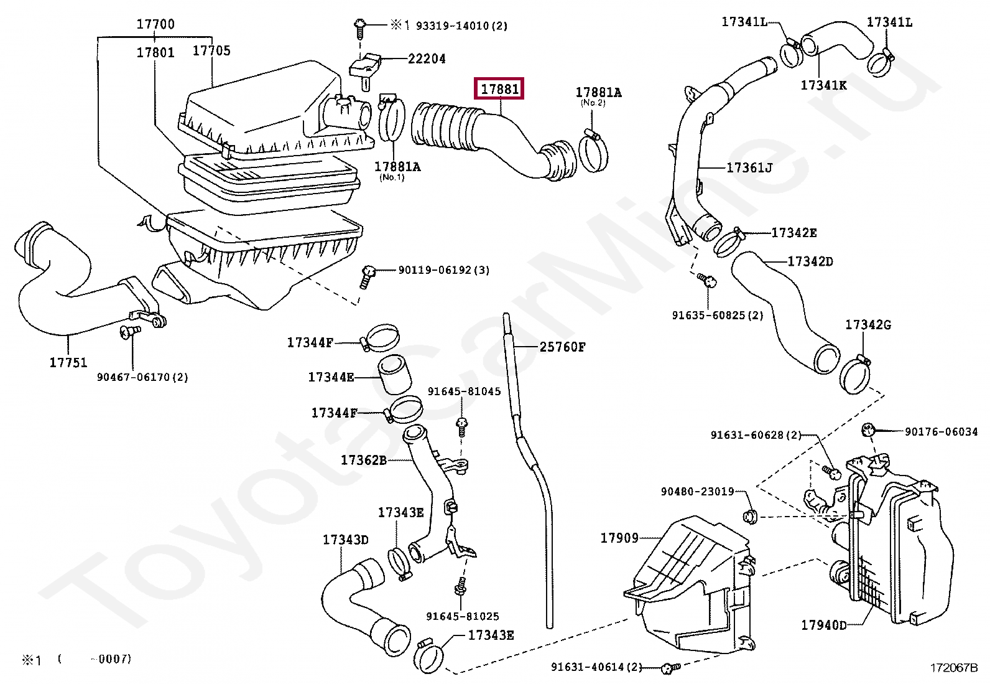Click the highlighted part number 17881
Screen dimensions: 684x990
click(x=499, y=89)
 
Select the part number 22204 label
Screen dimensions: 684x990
click(x=427, y=59)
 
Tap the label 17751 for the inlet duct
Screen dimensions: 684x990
click(x=68, y=362)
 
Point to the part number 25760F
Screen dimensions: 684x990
click(x=562, y=347)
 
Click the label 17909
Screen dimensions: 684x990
click(x=619, y=538)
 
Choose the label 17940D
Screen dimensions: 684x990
click(x=824, y=625)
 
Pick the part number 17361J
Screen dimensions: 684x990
click(x=749, y=167)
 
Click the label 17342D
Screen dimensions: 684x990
click(x=810, y=261)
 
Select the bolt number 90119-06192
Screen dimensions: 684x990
click(x=443, y=270)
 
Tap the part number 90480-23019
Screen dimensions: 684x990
click(x=697, y=492)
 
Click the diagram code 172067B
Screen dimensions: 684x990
click(x=954, y=668)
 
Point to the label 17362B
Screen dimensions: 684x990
click(x=364, y=461)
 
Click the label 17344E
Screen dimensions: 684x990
click(x=331, y=377)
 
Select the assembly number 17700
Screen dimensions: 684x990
click(x=155, y=24)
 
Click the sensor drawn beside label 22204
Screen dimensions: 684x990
click(x=364, y=67)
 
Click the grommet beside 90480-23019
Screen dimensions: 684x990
click(x=749, y=516)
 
